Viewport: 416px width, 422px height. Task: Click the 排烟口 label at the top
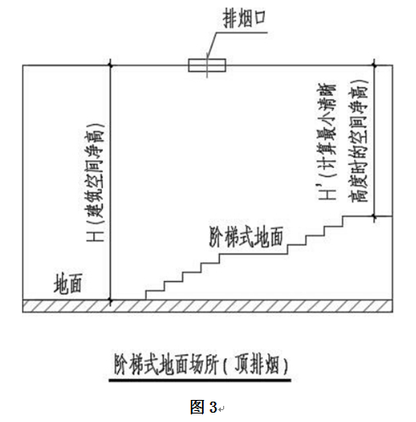(x=245, y=18)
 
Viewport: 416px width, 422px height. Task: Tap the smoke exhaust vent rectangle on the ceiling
(x=207, y=65)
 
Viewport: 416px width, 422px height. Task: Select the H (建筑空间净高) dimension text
(x=95, y=183)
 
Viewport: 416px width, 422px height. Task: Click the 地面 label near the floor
(x=68, y=284)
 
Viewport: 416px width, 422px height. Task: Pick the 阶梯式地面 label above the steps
(x=246, y=237)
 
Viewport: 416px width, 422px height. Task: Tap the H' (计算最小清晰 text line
(x=327, y=142)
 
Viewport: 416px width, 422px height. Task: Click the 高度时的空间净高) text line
(x=358, y=141)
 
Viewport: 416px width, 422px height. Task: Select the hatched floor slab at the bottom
(x=208, y=306)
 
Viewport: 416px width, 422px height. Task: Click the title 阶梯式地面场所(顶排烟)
(x=201, y=364)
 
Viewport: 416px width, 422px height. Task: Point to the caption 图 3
(x=204, y=408)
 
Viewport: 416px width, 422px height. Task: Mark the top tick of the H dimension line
(x=110, y=65)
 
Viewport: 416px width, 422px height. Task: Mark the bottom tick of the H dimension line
(x=110, y=300)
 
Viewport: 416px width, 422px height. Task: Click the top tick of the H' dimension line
(x=374, y=65)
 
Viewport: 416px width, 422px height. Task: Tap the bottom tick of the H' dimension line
(x=374, y=217)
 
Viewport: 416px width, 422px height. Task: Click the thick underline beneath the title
(x=200, y=380)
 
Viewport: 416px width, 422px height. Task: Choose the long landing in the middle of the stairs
(x=254, y=254)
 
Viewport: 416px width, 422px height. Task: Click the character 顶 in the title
(x=243, y=364)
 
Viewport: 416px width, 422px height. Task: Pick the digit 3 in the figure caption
(x=213, y=408)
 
